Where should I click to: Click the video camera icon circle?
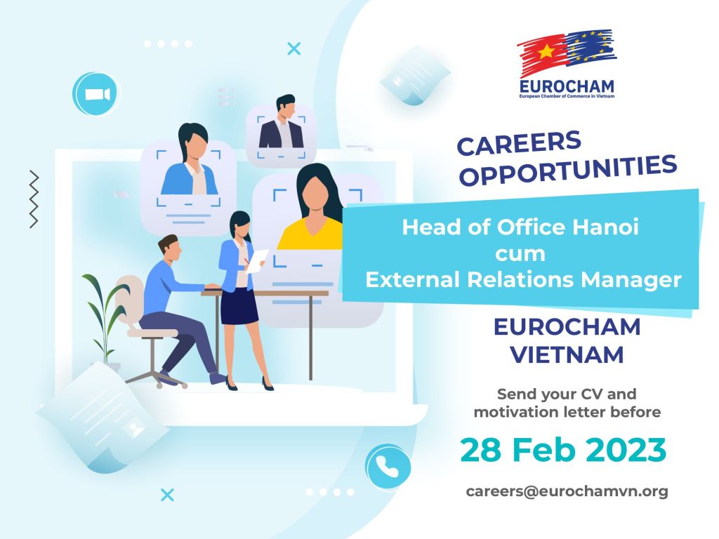95,94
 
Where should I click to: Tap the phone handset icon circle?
388,467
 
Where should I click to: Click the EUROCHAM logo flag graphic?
567,52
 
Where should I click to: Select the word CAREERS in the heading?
519,143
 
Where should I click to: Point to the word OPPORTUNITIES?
568,171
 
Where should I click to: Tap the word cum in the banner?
520,254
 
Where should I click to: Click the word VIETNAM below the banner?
567,354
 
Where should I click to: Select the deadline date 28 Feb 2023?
563,450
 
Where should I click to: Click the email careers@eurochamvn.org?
567,491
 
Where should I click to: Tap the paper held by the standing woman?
257,261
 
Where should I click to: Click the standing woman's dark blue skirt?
239,306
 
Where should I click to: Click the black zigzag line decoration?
34,199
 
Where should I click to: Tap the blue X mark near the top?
294,48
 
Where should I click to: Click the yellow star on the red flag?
546,52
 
